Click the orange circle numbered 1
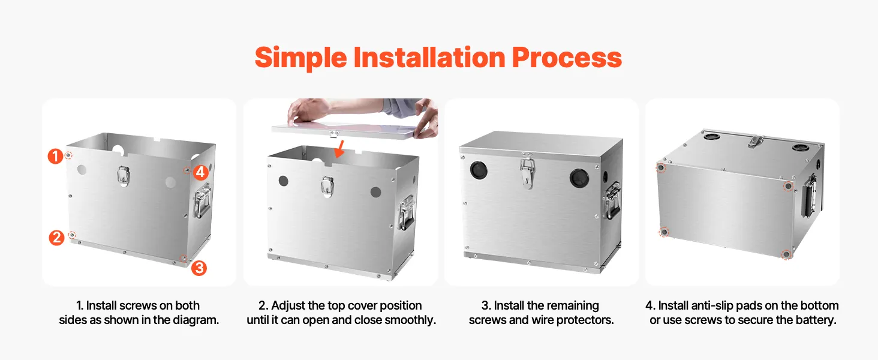[55, 156]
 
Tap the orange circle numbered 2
[56, 238]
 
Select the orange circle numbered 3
[199, 268]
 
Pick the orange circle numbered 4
[200, 172]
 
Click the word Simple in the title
[300, 58]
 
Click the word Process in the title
[567, 57]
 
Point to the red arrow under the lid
[339, 149]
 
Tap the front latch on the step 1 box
[124, 175]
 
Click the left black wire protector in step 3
[479, 170]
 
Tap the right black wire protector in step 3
[579, 178]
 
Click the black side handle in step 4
[809, 196]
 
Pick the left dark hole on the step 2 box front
[284, 181]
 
